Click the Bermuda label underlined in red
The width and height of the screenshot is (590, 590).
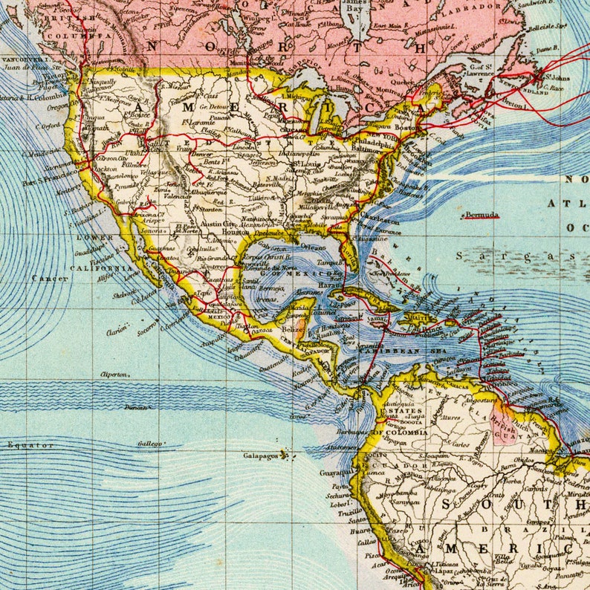(x=482, y=215)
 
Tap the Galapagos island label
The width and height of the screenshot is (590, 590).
(x=260, y=455)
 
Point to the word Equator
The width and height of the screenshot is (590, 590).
(x=30, y=445)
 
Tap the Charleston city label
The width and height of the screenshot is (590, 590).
(x=380, y=221)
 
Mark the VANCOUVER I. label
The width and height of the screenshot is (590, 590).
(x=23, y=59)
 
